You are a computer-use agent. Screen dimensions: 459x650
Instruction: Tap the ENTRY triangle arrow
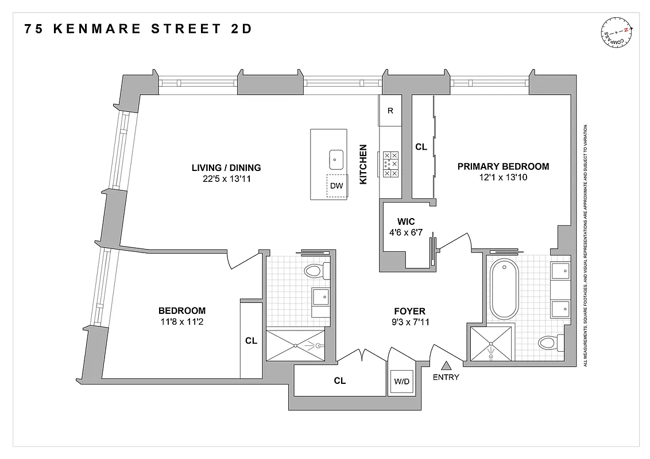tap(447, 364)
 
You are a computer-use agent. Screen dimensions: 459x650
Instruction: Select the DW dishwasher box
tap(337, 185)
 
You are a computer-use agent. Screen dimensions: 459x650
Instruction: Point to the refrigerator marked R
tap(390, 111)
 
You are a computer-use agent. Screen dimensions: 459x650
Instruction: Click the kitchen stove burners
tap(391, 164)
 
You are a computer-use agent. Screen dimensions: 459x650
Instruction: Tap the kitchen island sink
tap(336, 158)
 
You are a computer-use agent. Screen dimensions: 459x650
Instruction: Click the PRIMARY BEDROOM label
tap(503, 166)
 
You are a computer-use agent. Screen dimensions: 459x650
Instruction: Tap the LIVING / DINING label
tap(226, 168)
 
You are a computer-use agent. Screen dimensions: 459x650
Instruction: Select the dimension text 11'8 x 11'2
tap(181, 322)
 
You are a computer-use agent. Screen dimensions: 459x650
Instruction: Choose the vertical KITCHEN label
tap(363, 164)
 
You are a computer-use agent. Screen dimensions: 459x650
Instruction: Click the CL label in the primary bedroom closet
tap(421, 147)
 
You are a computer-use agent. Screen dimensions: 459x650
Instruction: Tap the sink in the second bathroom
tap(320, 297)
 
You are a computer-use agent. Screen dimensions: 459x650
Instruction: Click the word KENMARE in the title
tap(97, 29)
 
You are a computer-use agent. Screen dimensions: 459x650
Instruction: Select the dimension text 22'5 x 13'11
tap(226, 179)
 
